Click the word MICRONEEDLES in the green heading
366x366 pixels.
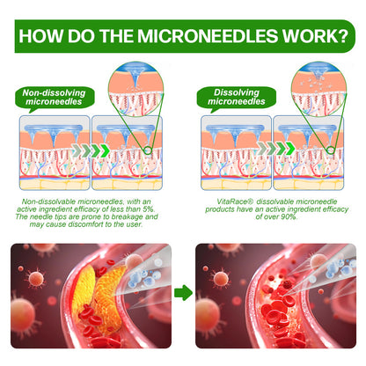208,36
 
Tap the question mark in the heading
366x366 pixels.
342,36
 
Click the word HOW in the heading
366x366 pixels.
41,36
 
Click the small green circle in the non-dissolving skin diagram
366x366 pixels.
148,150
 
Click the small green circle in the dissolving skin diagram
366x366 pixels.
331,150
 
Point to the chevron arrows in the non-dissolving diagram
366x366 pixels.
91,150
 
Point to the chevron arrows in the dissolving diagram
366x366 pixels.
276,149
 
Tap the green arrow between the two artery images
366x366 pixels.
183,292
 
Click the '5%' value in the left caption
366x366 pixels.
149,209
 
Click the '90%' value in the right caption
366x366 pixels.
289,216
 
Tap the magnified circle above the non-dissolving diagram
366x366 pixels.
135,89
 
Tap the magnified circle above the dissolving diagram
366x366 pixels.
318,89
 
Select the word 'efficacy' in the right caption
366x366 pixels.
335,209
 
